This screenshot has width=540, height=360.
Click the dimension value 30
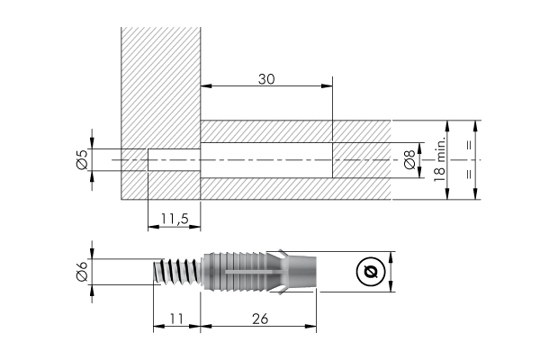(265, 78)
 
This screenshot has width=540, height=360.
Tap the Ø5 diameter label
(81, 159)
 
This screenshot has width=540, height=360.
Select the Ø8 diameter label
(409, 160)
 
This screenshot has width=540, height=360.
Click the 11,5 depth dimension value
(174, 219)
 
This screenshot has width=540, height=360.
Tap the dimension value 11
(175, 318)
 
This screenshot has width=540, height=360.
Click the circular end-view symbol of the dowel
(369, 271)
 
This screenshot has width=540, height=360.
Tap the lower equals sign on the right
(468, 175)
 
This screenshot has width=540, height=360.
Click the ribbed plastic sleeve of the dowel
(243, 270)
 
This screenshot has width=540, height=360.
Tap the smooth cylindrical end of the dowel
(303, 270)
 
